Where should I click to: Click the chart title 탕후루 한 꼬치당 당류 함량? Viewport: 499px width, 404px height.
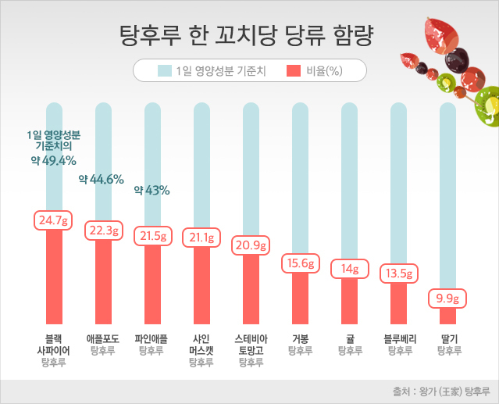[x=246, y=34]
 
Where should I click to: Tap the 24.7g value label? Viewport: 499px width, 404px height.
[x=53, y=220]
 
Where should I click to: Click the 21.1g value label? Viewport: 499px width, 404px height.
[x=201, y=237]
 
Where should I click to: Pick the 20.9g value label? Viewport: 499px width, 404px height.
[x=251, y=245]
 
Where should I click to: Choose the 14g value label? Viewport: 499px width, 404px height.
[x=349, y=269]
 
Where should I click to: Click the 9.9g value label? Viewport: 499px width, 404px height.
[x=447, y=298]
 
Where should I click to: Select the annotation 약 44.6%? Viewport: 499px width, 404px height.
[x=102, y=179]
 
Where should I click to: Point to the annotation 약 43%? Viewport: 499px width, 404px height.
[x=151, y=189]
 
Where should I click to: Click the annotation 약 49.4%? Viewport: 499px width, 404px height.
[x=53, y=160]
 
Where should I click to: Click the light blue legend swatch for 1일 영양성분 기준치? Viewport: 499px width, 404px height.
[x=164, y=71]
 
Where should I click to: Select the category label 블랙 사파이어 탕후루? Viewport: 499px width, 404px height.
[x=53, y=351]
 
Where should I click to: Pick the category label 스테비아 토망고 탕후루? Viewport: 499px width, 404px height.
[x=251, y=351]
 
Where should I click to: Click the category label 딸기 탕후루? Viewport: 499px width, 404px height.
[x=448, y=345]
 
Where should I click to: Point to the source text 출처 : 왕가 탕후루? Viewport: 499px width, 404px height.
[x=440, y=391]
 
